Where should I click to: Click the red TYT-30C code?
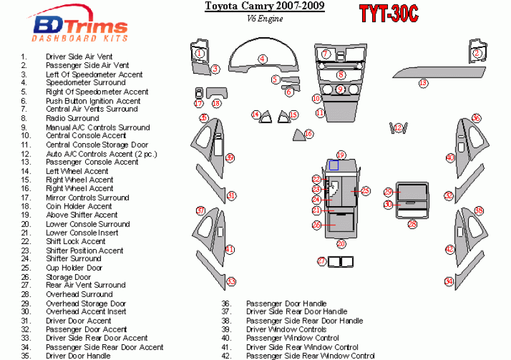point(388,15)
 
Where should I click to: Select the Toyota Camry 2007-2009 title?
point(265,7)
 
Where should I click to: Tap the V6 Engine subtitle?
point(265,18)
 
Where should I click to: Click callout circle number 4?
point(261,59)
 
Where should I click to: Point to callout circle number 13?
point(423,83)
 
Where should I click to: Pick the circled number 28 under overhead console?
point(413,224)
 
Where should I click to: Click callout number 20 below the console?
point(341,243)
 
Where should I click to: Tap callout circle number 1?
point(199,54)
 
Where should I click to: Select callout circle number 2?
point(478,54)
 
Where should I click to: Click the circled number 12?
point(398,129)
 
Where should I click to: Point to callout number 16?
point(308,134)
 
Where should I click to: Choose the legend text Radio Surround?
point(73,118)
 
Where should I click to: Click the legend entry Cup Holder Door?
point(74,268)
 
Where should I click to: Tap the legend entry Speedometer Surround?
point(86,83)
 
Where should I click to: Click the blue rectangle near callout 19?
point(334,165)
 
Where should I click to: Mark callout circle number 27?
point(321,261)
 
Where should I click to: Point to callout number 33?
point(232,282)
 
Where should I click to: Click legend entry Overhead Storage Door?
point(86,303)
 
